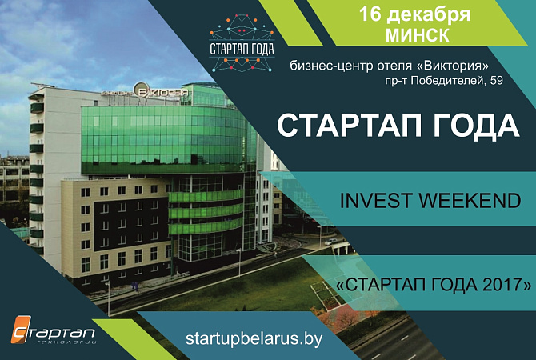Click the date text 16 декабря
pos(414,14)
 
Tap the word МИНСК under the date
pos(418,34)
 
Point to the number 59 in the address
pos(496,80)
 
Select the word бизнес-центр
pos(331,66)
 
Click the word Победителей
pos(448,81)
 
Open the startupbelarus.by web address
pos(254,338)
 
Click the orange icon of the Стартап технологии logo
pos(21,329)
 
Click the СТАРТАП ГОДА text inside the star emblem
pos(242,49)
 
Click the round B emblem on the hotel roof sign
pos(141,90)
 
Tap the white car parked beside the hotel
pos(331,242)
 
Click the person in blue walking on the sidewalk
pos(135,286)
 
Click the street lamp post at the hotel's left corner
pos(109,298)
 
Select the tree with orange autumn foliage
pos(343,317)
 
